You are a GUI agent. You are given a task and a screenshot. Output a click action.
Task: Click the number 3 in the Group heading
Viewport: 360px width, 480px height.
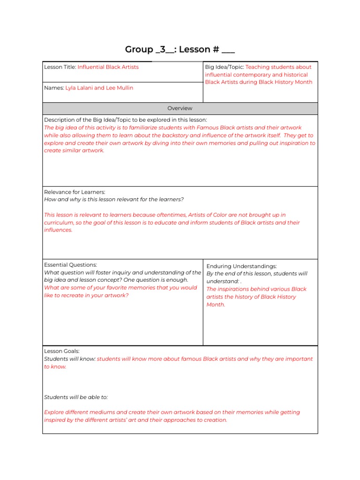point(160,50)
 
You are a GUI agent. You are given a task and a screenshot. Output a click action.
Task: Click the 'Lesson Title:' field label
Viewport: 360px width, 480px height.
point(60,67)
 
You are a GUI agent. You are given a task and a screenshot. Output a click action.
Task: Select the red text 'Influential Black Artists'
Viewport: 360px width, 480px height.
point(108,67)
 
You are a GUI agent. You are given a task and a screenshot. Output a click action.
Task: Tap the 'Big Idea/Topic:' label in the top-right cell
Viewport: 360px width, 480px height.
point(224,67)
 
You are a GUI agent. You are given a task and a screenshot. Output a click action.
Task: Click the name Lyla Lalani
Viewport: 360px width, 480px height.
point(79,88)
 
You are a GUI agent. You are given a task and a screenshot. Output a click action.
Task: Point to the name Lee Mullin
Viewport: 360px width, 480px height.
point(120,88)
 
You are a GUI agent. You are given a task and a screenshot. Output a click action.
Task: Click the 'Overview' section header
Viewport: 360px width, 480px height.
point(180,108)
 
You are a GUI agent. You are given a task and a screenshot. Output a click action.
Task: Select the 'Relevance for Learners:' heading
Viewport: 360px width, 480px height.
point(75,192)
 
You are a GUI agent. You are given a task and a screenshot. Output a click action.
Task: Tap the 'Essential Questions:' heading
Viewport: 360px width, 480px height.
point(70,265)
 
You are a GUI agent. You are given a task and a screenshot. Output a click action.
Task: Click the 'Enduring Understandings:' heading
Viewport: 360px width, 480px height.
point(241,266)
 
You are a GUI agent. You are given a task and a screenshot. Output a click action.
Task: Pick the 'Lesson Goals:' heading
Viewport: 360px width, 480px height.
point(62,351)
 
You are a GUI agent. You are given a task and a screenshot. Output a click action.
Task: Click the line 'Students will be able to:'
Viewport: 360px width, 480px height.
point(76,397)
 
